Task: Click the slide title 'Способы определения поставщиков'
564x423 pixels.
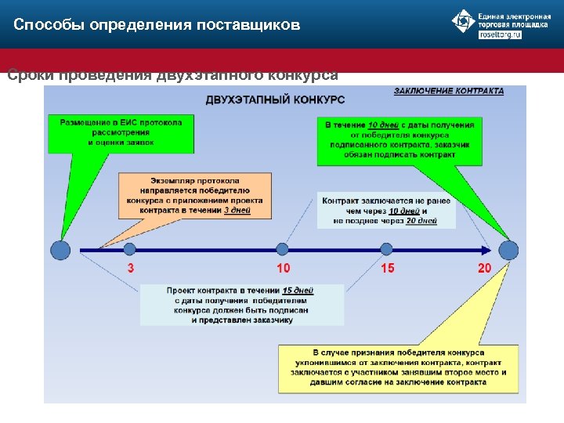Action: point(157,25)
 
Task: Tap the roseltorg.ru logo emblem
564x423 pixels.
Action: point(463,21)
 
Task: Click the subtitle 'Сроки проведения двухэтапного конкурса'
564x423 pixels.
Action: point(172,75)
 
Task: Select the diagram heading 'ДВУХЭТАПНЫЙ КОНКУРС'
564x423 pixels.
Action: point(275,99)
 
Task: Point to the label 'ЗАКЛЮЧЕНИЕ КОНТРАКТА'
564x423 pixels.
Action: point(448,91)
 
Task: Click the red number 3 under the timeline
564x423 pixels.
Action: point(130,269)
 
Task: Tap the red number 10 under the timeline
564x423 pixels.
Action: point(283,269)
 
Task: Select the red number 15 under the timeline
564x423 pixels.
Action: point(387,269)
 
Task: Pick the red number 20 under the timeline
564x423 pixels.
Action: point(485,269)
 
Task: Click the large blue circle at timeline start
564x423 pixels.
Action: point(60,250)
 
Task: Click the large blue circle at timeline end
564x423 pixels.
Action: point(508,250)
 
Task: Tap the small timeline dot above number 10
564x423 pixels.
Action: point(283,249)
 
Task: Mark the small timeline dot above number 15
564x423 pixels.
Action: point(386,249)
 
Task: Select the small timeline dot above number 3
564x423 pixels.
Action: point(130,249)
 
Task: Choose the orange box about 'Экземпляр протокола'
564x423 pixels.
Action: point(195,195)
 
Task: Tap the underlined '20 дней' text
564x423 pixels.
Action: point(422,221)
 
